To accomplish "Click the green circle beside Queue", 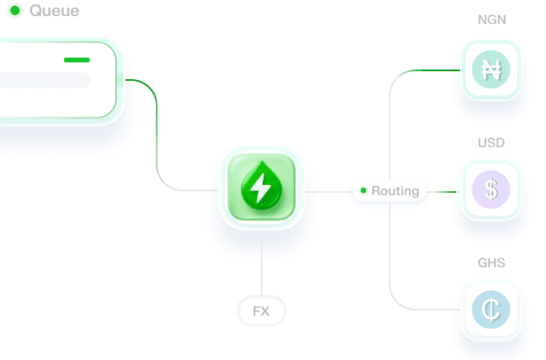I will [x=14, y=11].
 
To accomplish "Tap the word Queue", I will [x=54, y=11].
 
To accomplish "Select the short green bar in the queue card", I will [x=77, y=60].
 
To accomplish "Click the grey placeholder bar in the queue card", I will [x=44, y=80].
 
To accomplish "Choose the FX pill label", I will [x=261, y=311].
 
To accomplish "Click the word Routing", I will [x=395, y=191].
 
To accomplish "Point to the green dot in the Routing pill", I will [x=363, y=191].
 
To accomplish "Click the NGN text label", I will [x=492, y=19].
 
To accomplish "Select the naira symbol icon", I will [x=491, y=70].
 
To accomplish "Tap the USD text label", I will [x=492, y=143].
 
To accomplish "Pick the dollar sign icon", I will [x=491, y=190].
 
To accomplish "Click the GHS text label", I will [x=492, y=262].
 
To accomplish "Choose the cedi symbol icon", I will [x=491, y=310].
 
